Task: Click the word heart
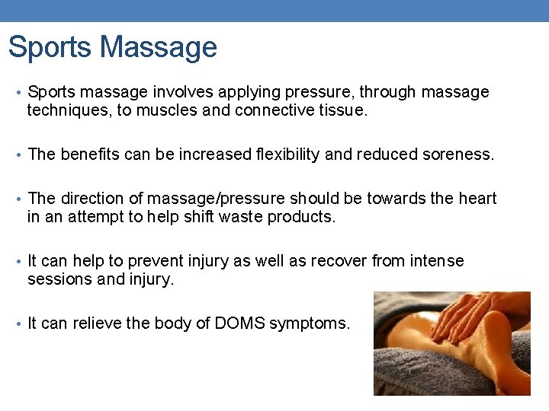477,199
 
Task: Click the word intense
436,261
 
